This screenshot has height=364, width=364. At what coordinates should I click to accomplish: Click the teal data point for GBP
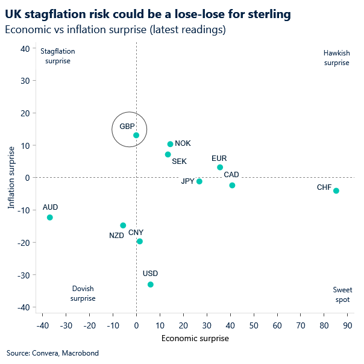136,135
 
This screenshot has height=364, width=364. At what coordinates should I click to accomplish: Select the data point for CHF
336,190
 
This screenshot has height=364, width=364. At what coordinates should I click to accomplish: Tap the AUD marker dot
50,217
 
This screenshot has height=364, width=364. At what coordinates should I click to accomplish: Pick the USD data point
151,284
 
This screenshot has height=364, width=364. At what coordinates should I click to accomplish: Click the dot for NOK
171,144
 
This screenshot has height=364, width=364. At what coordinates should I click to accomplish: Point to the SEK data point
168,154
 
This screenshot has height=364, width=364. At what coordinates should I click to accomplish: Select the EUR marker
220,167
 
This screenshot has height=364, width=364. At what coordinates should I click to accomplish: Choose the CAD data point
232,185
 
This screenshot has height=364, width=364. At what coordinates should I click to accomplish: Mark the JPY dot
199,181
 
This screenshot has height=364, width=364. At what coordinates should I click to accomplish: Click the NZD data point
123,225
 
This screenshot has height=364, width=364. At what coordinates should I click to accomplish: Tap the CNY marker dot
140,241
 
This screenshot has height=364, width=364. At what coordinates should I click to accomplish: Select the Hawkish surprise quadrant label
336,58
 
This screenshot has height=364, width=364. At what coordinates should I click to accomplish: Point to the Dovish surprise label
83,293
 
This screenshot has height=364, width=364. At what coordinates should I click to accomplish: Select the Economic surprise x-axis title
195,338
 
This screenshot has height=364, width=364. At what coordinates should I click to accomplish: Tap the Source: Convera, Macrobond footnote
52,353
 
